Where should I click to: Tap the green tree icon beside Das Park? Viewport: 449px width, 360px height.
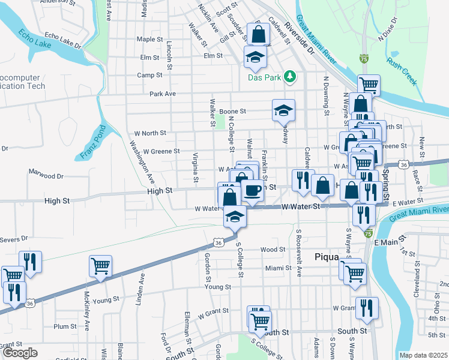point(290,76)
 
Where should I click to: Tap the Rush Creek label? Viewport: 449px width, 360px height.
point(402,71)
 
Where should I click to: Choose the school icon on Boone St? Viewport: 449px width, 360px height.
point(283,110)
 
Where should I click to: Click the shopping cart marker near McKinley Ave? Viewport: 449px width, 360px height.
point(100,265)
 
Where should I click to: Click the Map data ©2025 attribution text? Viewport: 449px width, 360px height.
point(424,355)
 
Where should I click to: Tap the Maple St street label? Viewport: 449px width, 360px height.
point(150,40)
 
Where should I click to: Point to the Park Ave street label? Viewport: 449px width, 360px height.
point(162,94)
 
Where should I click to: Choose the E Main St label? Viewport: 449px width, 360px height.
point(386,242)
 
